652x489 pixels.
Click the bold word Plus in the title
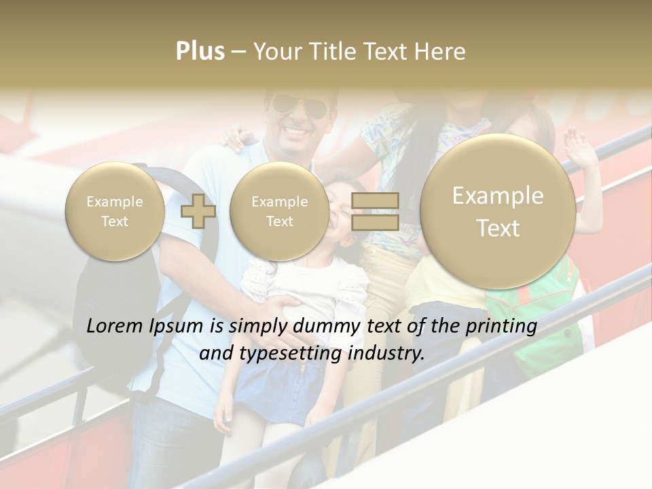click(x=200, y=52)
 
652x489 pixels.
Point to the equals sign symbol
click(x=375, y=211)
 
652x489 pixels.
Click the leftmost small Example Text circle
click(x=115, y=211)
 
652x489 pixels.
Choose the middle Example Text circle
click(x=279, y=211)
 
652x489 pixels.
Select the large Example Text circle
click(x=498, y=211)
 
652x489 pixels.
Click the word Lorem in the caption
click(x=116, y=326)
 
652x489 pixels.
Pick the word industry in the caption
click(x=386, y=353)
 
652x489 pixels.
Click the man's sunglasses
click(x=298, y=107)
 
